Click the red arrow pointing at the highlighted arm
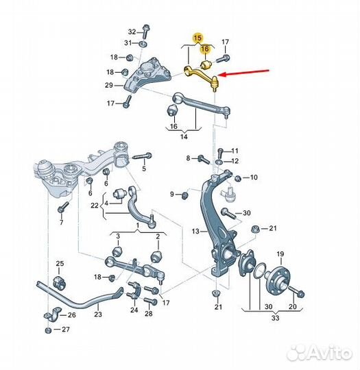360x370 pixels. point(244,73)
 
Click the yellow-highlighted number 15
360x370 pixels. point(197,38)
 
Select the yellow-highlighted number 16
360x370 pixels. point(205,49)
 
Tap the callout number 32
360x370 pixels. point(132,32)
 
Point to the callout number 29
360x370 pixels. point(109,85)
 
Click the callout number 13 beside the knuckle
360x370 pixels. point(195,232)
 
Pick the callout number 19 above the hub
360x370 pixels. point(280,254)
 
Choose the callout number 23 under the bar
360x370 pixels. point(98,314)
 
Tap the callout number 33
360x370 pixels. point(275,318)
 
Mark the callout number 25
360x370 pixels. point(60,263)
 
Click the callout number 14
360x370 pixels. point(184,136)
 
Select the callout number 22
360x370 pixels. point(95,206)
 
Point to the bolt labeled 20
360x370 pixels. point(296,292)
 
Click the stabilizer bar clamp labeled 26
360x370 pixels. point(51,314)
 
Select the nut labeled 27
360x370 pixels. point(49,330)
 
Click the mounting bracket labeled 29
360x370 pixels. point(147,77)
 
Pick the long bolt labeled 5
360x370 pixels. point(143,156)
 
